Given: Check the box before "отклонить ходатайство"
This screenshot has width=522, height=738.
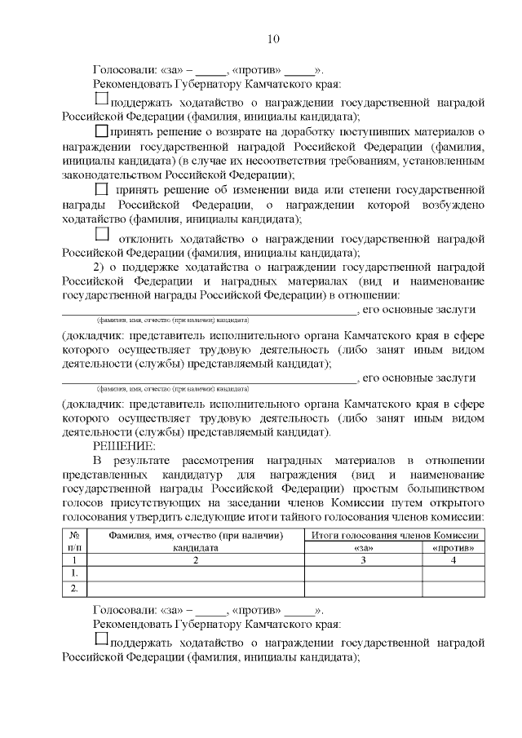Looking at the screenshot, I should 102,234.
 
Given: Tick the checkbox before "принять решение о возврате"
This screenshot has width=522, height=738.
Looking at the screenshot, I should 102,130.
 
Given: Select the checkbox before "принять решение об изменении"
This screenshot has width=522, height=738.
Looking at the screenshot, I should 102,189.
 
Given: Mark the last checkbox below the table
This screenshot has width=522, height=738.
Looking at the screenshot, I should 102,638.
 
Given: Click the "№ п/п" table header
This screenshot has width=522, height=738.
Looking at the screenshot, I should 74,541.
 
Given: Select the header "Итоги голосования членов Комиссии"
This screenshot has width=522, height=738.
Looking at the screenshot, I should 395,535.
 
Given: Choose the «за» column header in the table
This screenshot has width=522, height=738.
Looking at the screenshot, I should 363,548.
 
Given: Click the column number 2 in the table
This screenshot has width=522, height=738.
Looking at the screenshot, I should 196,560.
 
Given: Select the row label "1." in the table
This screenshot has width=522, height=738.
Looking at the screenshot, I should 74,573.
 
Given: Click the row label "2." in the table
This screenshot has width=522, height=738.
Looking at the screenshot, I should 74,588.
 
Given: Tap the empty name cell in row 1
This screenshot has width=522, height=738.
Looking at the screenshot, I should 196,573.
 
